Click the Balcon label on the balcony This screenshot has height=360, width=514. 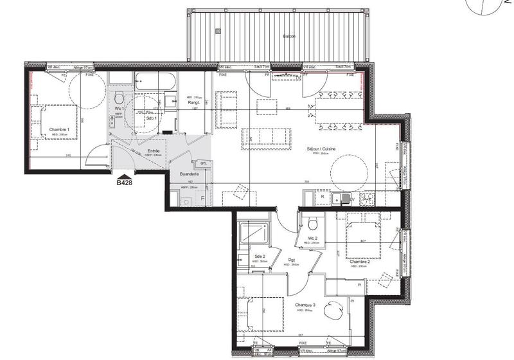tap(289, 37)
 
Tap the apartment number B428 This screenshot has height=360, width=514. tap(124, 183)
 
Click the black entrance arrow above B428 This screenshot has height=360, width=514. tap(124, 174)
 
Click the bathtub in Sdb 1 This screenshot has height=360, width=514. tap(155, 82)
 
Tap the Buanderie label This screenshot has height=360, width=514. tap(188, 174)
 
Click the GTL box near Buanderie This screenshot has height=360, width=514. tap(203, 163)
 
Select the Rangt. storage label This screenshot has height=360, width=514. tap(192, 102)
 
